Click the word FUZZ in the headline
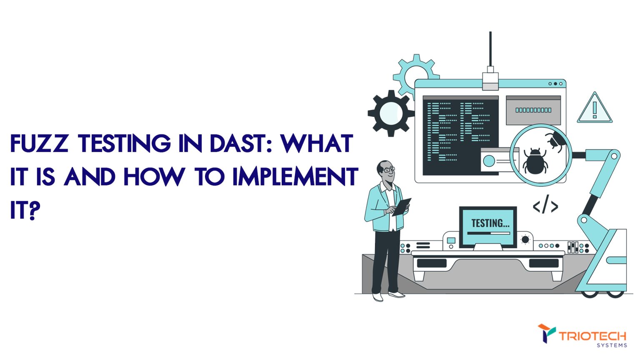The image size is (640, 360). [x=39, y=144]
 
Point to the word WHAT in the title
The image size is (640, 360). [x=317, y=144]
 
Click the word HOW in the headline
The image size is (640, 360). [x=154, y=177]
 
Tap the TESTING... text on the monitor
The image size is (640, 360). [x=490, y=223]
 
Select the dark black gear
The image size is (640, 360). [x=391, y=113]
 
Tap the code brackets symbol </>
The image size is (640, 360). [x=545, y=206]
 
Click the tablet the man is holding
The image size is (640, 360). [x=402, y=207]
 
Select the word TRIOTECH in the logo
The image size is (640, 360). [x=592, y=336]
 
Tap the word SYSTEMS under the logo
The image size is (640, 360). [x=612, y=345]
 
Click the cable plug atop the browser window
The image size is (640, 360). [x=490, y=79]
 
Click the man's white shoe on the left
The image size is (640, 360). [x=377, y=297]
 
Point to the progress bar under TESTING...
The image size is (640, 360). [x=488, y=233]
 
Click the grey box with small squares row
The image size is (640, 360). [x=533, y=110]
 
